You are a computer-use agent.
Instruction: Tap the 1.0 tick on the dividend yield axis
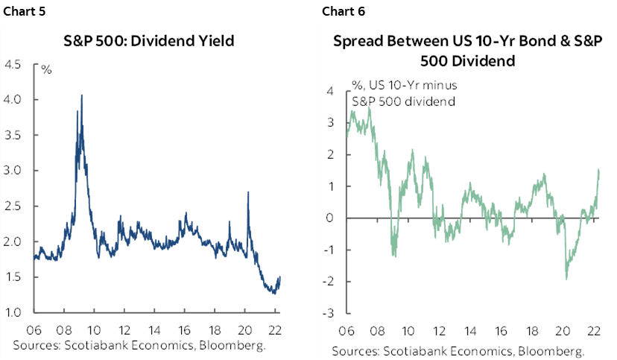[13, 312]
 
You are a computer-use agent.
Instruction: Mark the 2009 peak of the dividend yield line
[81, 95]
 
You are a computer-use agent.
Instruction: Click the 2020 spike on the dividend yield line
[247, 192]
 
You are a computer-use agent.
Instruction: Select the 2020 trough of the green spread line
[566, 279]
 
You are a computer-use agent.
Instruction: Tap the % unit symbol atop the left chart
[46, 70]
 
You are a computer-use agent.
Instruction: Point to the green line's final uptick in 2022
[599, 171]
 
